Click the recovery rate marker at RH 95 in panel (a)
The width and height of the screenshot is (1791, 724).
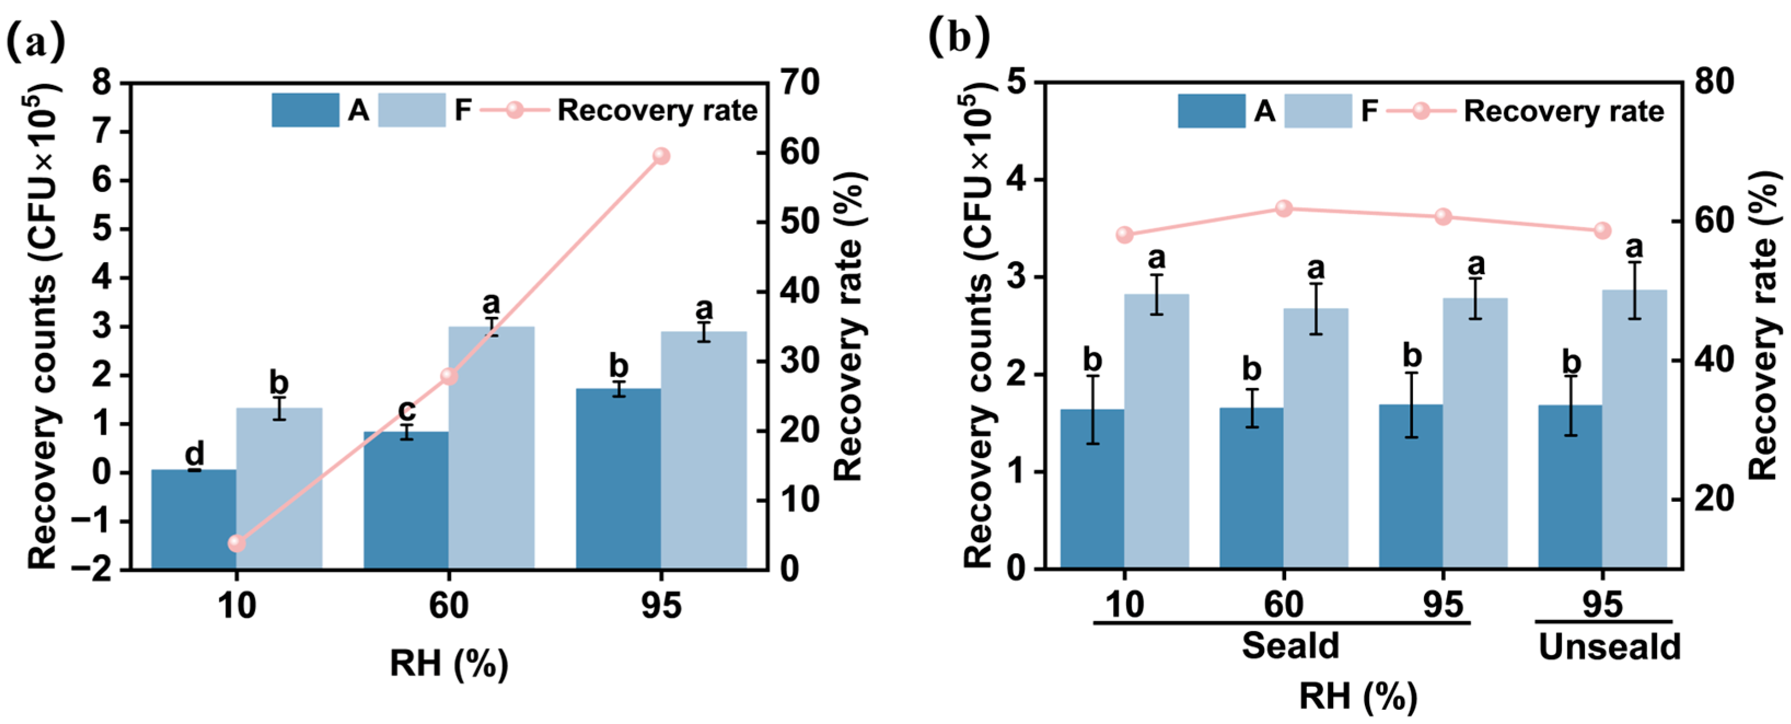(661, 156)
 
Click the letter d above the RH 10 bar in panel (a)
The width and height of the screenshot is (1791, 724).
(195, 454)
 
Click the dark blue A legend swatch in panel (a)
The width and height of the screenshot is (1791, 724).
(305, 111)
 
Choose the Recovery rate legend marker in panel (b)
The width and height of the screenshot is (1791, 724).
(1421, 111)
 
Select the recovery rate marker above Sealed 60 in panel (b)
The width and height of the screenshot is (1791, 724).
(1283, 208)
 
